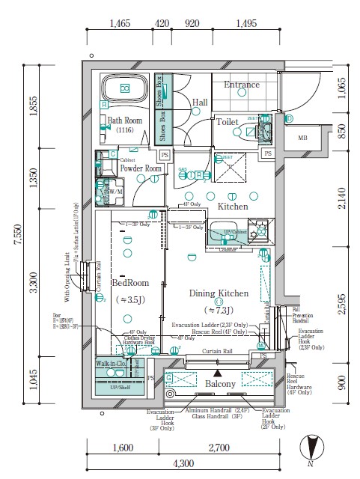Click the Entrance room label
(x=242, y=85)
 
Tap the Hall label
(x=200, y=103)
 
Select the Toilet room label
(x=228, y=121)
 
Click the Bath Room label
(x=124, y=120)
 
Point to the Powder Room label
(x=141, y=168)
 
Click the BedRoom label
(x=131, y=284)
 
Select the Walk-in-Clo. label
(x=112, y=364)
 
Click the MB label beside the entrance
(x=302, y=138)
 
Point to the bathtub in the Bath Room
(x=126, y=90)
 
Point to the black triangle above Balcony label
(x=218, y=372)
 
